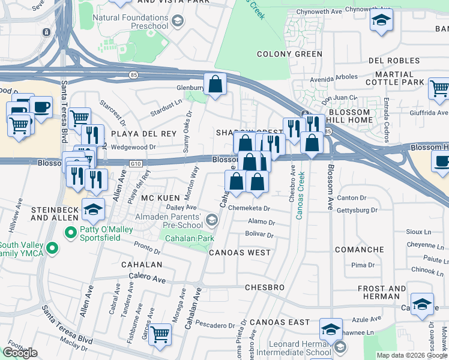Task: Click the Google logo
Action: pos(20,353)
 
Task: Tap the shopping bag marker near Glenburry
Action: pos(214,85)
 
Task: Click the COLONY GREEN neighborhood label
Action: pos(289,54)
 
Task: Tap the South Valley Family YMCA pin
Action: pos(52,247)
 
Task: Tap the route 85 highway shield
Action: pos(133,74)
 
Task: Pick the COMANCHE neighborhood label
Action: pos(359,250)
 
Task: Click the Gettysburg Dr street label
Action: pos(358,210)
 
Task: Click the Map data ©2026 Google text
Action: pos(412,355)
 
